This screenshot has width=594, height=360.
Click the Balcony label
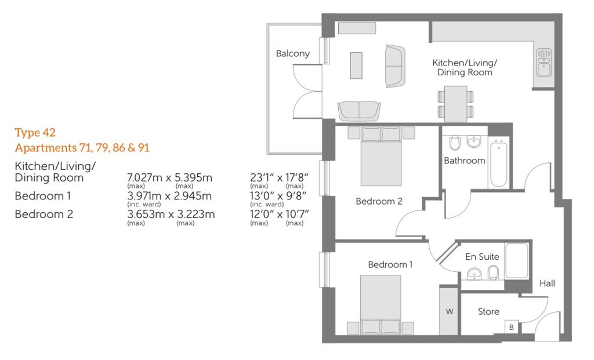click(292, 54)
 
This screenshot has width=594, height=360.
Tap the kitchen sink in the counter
click(544, 63)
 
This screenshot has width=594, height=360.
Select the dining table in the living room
click(455, 103)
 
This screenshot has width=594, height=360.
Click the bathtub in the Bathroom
click(498, 163)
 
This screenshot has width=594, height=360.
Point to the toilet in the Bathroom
click(455, 143)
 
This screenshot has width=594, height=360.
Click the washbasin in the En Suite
click(474, 273)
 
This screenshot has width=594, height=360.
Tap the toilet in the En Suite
click(493, 272)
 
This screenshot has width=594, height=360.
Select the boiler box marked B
click(512, 327)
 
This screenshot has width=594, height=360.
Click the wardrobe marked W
click(450, 311)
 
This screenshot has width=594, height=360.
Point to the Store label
click(488, 311)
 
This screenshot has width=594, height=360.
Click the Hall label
click(548, 283)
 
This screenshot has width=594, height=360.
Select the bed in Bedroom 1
click(381, 305)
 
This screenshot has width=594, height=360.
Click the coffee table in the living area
click(356, 66)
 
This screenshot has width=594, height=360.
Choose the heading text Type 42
click(35, 133)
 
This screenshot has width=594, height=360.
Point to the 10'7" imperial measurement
click(297, 214)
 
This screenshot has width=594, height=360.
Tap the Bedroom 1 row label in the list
click(43, 196)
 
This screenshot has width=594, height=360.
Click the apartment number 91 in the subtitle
click(144, 147)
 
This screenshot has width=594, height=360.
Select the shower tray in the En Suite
click(517, 261)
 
